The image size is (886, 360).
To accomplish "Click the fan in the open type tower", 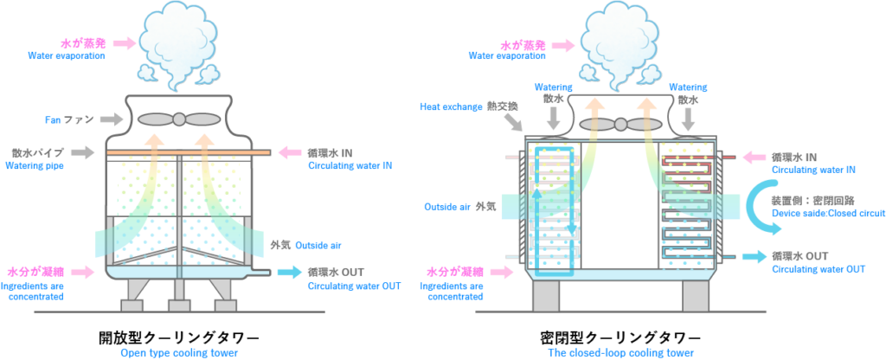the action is (x=178, y=119).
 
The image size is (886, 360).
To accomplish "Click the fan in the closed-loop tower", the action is (x=620, y=124).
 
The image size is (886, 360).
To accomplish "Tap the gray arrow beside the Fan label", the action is (x=113, y=119).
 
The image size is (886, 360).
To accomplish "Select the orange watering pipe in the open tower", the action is (x=189, y=152).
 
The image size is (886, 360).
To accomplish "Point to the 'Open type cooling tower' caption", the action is (x=179, y=353).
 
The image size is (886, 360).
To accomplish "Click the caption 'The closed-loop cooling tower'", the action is (x=621, y=353).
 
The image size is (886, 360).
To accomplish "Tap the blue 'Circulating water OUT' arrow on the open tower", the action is (x=289, y=273).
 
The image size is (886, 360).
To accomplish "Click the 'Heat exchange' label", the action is (x=450, y=107).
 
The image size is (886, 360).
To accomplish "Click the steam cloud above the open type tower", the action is (x=178, y=48).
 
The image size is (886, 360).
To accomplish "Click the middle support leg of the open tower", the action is (x=179, y=294).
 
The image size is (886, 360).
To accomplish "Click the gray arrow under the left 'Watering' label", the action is (x=554, y=118).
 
